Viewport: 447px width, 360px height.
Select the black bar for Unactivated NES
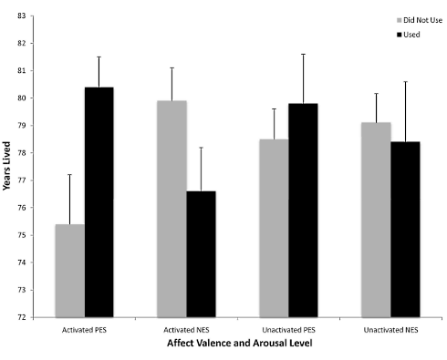(x=405, y=230)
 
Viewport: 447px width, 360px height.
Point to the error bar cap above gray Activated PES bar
(x=70, y=174)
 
